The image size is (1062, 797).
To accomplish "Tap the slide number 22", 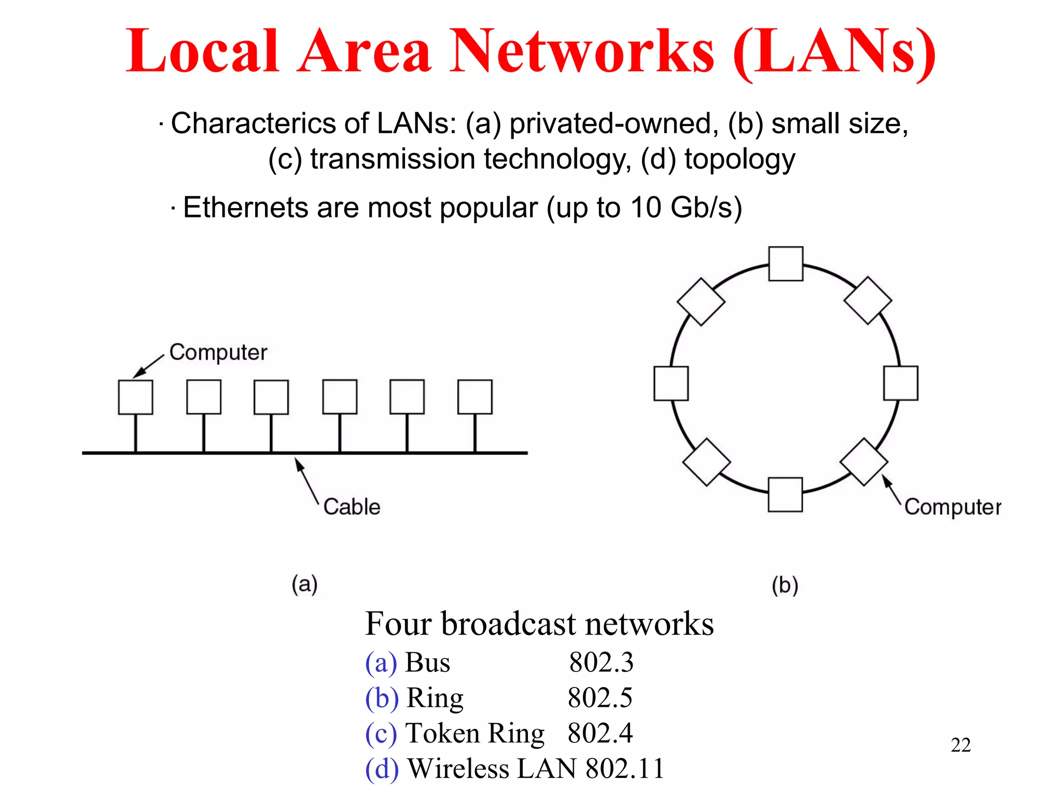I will tap(960, 745).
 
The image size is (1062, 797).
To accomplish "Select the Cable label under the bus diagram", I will tap(352, 506).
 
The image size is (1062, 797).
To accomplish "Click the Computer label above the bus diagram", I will tap(218, 353).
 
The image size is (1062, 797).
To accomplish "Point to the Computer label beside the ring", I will tap(953, 507).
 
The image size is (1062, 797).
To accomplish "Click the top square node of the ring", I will tap(786, 264).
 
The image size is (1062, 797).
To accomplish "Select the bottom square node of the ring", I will tap(785, 494).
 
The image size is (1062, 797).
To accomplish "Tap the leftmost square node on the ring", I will tap(671, 383).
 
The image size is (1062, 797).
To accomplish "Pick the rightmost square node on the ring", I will tap(901, 383).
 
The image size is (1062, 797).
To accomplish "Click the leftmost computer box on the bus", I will tap(135, 397).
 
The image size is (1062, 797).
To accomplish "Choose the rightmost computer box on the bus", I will tap(474, 397).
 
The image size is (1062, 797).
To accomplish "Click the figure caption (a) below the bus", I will tap(304, 584).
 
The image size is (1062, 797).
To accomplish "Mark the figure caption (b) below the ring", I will tap(785, 585).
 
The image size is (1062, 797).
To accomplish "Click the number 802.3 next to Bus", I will tap(601, 663).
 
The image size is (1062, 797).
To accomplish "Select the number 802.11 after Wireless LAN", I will tap(625, 768).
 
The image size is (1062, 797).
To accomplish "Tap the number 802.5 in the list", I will tap(600, 698).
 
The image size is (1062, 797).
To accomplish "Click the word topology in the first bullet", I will tap(739, 159).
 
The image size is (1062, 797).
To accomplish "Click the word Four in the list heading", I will tap(398, 624).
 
